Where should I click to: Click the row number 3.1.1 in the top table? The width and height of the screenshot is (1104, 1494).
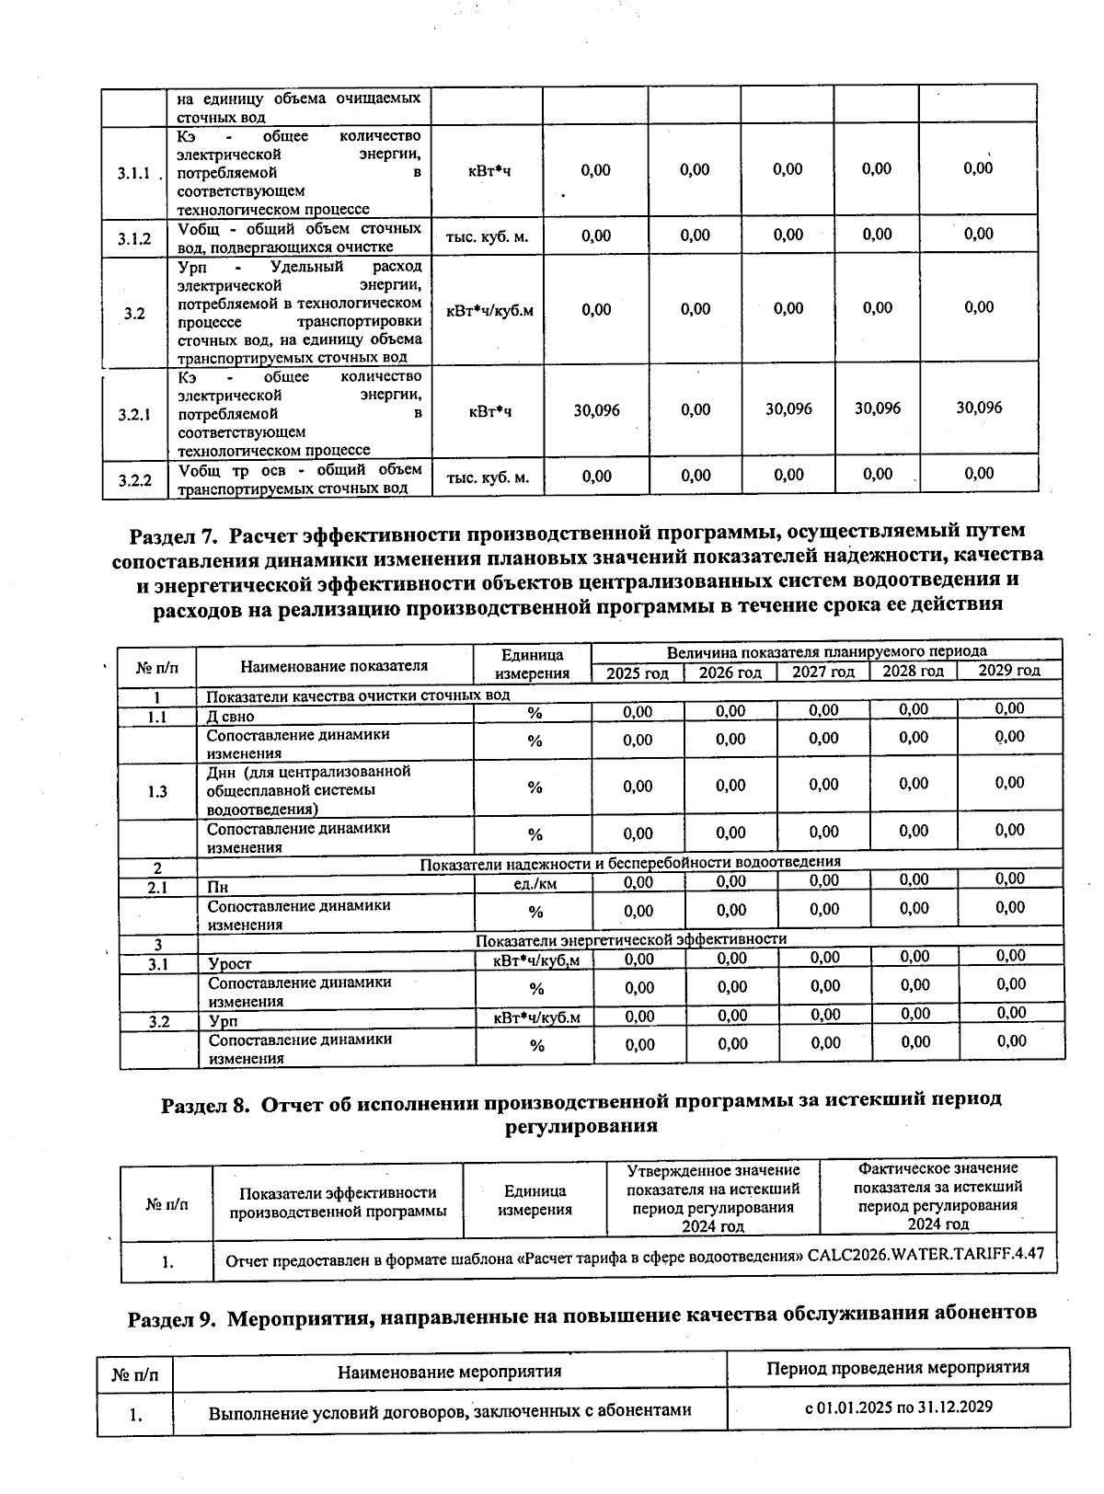tap(133, 173)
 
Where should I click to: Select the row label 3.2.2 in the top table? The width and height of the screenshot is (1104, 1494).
tap(133, 478)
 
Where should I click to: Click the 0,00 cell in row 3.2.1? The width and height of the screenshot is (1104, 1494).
tap(696, 410)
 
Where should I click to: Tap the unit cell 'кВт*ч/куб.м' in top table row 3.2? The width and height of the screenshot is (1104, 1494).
tap(489, 310)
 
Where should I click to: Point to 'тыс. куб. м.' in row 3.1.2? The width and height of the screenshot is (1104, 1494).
tap(487, 236)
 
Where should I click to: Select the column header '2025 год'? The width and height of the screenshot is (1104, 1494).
tap(637, 672)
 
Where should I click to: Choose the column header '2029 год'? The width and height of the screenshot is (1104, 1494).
tap(1008, 670)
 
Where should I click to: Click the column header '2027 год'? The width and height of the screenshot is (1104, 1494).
tap(823, 672)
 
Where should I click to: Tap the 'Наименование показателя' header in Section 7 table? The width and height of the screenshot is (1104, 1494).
tap(334, 665)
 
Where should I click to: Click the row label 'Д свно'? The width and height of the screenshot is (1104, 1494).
tap(230, 716)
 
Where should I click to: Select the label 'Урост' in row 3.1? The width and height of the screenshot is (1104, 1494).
tap(230, 963)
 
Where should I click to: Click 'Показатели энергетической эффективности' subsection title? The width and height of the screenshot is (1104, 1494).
tap(631, 939)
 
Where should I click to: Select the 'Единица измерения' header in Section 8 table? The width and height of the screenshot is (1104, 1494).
tap(535, 1200)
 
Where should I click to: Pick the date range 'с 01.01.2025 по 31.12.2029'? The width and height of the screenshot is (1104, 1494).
tap(898, 1408)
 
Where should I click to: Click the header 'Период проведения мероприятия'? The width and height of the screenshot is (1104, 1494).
tap(898, 1368)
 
